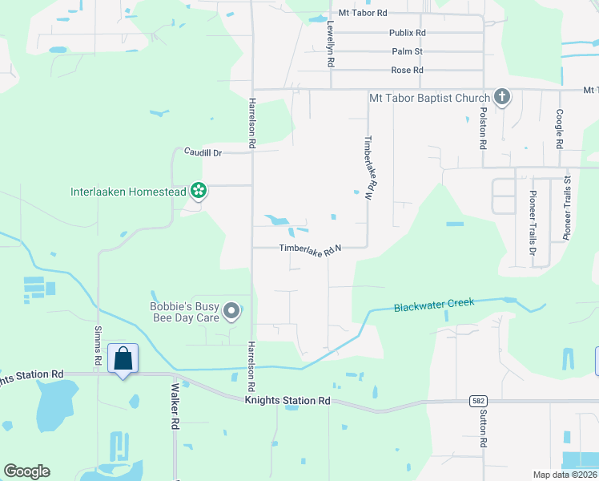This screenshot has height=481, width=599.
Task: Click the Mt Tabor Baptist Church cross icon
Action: coord(502,99)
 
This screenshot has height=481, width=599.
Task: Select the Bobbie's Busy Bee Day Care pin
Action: coord(231,311)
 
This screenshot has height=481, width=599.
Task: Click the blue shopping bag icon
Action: coord(123,358)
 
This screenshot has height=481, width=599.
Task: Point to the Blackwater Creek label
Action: coord(434,305)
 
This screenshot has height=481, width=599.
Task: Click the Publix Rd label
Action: coord(407,33)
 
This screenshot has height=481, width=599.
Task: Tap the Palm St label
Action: coord(407,51)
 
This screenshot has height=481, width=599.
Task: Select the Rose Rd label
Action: coord(407,71)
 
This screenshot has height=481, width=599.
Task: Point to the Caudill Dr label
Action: coord(202,152)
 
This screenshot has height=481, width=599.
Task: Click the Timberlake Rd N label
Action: coord(311,250)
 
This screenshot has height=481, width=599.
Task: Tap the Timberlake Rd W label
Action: coord(369,167)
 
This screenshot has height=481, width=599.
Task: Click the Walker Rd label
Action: coord(174,406)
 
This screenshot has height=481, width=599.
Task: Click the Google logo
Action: coord(27,471)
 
